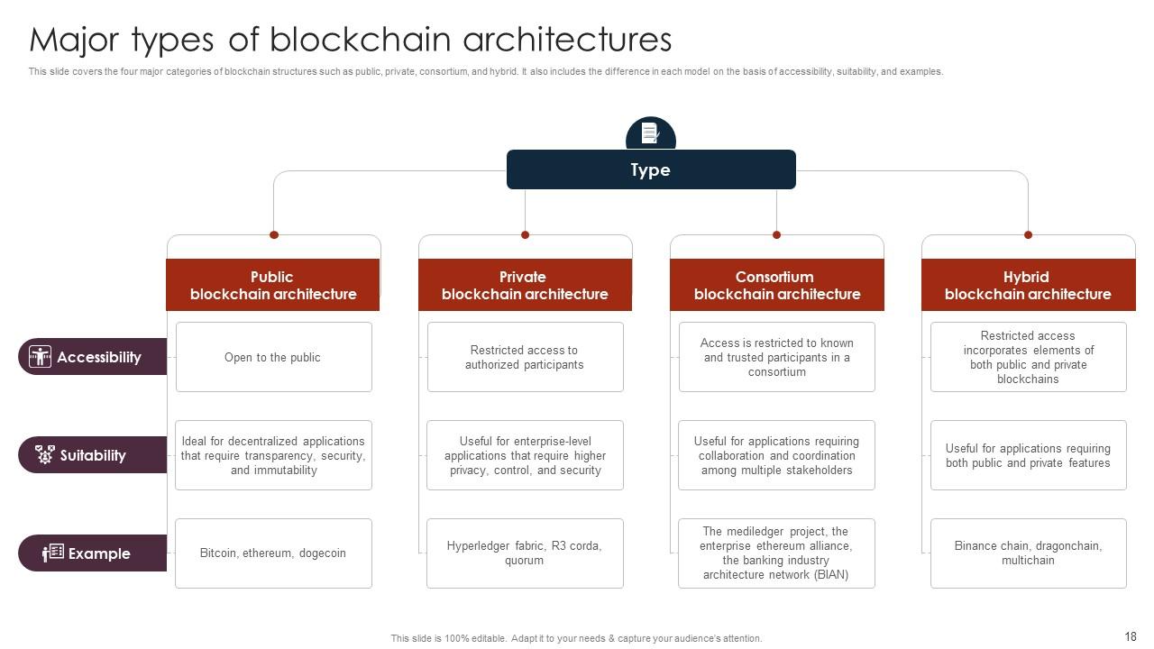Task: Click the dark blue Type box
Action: pos(651,169)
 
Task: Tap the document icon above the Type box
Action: pos(650,133)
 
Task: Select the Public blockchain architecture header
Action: pos(272,285)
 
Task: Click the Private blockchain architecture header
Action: pos(525,285)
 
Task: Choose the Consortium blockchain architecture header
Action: pos(776,285)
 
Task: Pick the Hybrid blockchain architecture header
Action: pos(1028,285)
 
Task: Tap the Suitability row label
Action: pos(92,455)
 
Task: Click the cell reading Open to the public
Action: pos(272,357)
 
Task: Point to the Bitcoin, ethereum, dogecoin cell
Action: pos(272,553)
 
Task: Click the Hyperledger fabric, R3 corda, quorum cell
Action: pos(525,553)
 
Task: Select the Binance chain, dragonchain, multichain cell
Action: pos(1028,553)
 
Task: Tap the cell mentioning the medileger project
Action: pos(776,553)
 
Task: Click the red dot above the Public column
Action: pos(274,235)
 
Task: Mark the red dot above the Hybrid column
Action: pos(1028,235)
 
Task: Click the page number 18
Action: pos(1131,636)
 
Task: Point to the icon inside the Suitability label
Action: pos(44,454)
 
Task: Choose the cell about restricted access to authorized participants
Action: pos(525,357)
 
